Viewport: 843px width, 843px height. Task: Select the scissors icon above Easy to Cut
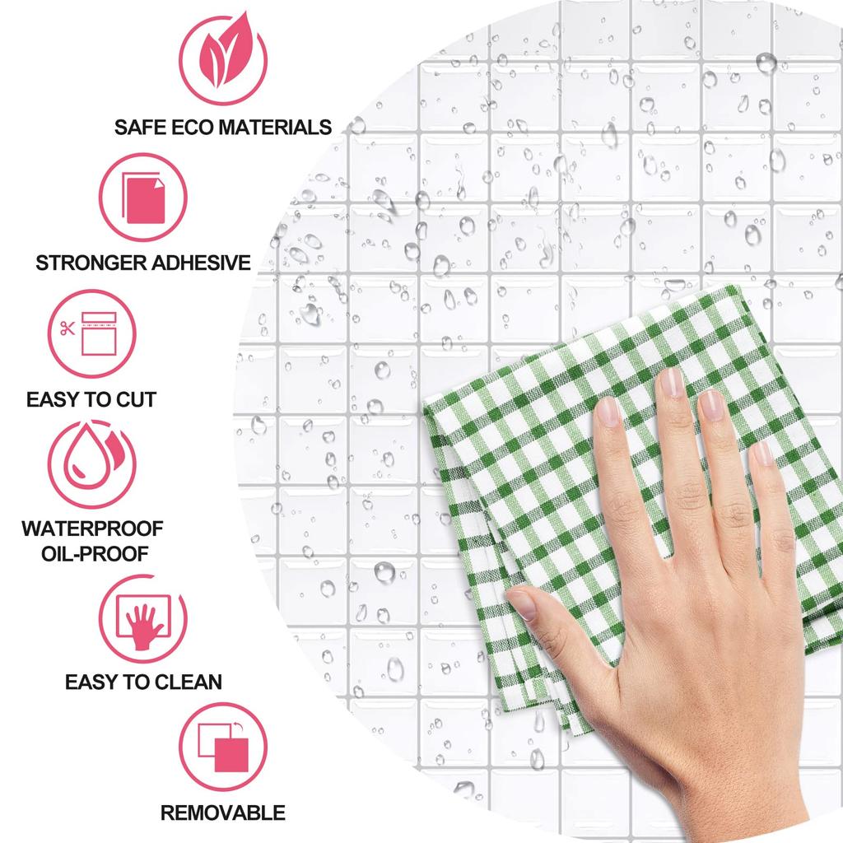(x=68, y=328)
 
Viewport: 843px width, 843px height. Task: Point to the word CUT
(x=135, y=400)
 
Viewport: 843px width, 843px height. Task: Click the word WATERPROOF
(x=91, y=528)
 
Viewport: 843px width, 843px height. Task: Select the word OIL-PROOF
(x=94, y=552)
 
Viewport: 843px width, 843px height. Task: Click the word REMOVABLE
(x=222, y=813)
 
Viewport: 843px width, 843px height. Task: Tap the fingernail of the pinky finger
(x=763, y=452)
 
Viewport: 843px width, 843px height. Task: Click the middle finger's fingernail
(x=671, y=382)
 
